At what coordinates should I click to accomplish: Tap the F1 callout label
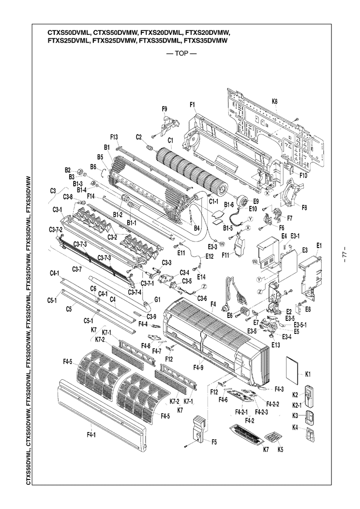(x=192, y=105)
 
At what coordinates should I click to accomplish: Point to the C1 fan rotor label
(x=170, y=141)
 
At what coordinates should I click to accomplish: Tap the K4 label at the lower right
(x=308, y=428)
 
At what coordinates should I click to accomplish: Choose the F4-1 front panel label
(x=91, y=435)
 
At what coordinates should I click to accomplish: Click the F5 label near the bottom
(x=213, y=441)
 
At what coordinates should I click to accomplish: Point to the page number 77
(x=344, y=254)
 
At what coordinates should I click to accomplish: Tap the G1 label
(x=157, y=300)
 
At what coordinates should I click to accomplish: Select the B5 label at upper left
(x=101, y=157)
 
